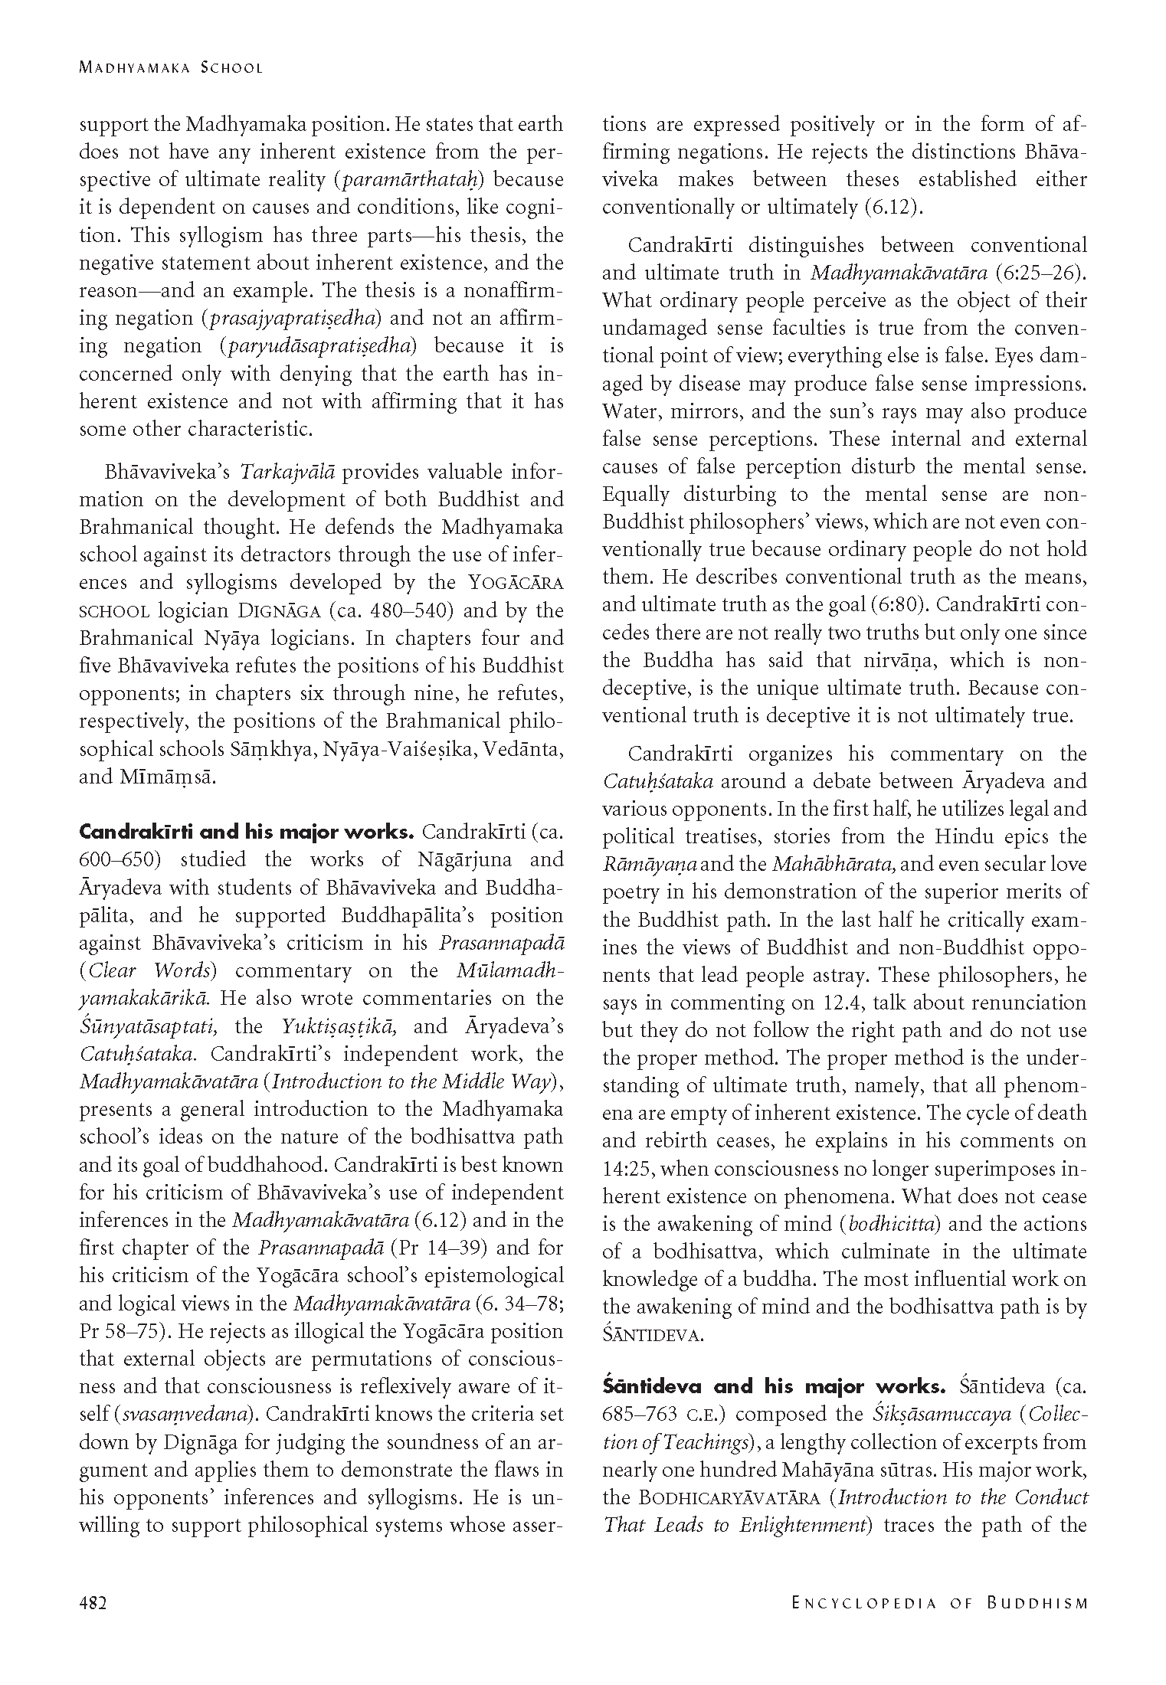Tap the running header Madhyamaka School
[x=171, y=67]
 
